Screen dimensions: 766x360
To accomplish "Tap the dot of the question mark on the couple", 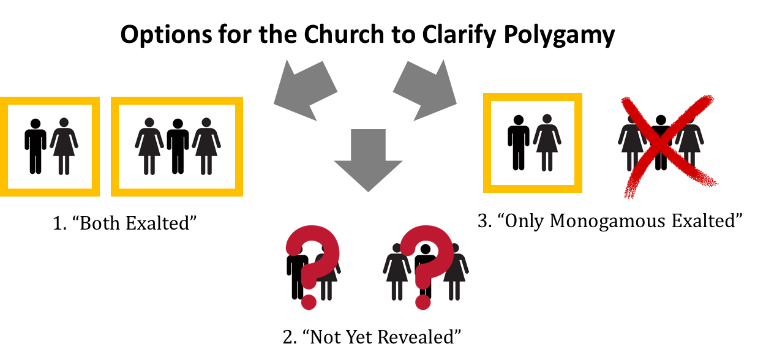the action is point(309,302).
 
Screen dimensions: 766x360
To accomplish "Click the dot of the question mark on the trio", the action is point(423,302).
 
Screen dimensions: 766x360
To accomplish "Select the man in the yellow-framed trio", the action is point(178,147).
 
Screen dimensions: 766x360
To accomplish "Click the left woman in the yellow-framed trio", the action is point(149,147).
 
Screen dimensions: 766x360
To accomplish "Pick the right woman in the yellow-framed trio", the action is point(206,147).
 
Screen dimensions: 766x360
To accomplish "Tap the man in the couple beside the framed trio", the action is point(36,147).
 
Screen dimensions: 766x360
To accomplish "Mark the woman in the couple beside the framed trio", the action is point(64,147).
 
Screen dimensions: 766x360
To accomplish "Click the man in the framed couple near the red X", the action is point(519,143).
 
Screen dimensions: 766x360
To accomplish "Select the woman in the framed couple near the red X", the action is point(547,143).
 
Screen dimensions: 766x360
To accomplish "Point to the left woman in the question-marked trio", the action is point(396,273).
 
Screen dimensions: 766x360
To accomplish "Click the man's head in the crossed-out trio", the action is point(661,120).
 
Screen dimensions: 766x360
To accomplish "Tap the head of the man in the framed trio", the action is point(178,124).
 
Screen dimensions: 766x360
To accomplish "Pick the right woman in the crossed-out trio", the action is point(690,144).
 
